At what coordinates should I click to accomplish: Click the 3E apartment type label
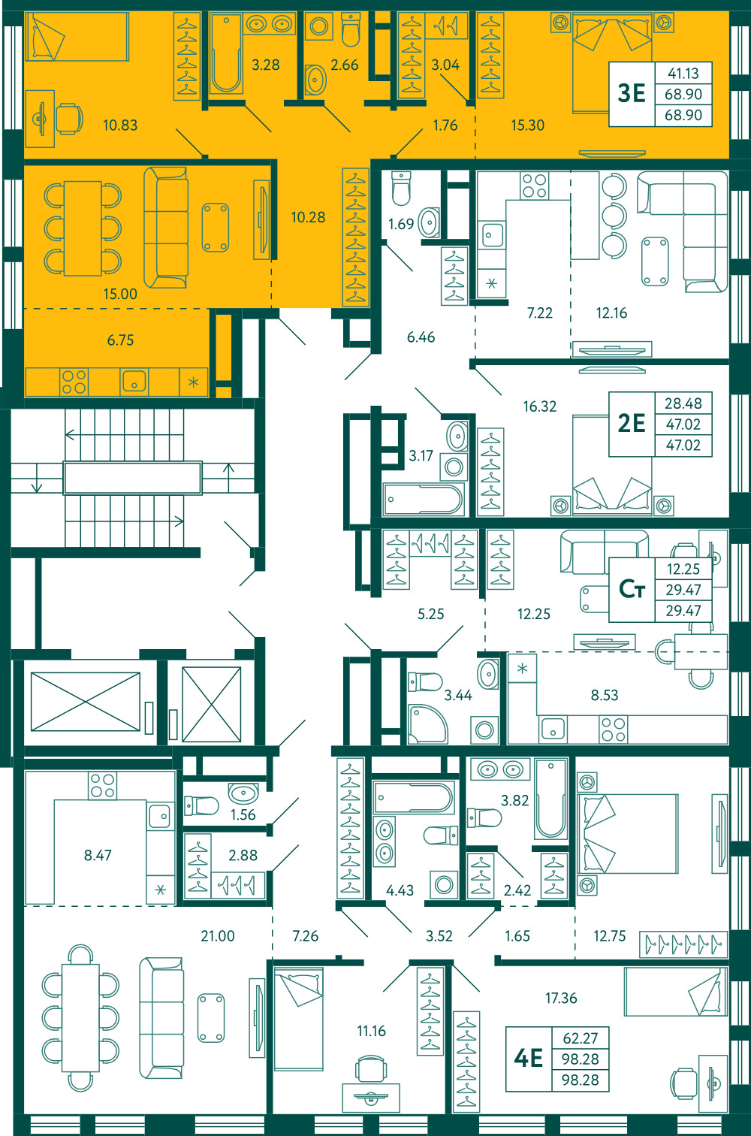click(x=632, y=93)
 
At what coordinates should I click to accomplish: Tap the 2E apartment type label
click(x=632, y=423)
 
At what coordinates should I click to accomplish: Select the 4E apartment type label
click(x=529, y=1058)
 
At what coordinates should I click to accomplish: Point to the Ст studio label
click(x=632, y=589)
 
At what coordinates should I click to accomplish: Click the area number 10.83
click(x=120, y=125)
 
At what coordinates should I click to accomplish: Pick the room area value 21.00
click(x=218, y=935)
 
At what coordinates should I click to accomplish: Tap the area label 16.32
click(x=539, y=406)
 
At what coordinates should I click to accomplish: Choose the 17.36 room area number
click(x=561, y=998)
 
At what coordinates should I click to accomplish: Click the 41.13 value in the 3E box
click(x=683, y=74)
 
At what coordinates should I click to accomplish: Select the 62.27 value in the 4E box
click(x=580, y=1038)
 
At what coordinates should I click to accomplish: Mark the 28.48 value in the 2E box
click(x=683, y=403)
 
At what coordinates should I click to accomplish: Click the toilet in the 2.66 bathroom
click(x=351, y=29)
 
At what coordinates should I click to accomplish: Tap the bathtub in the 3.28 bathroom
click(x=225, y=54)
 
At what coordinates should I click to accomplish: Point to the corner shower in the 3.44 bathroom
click(x=427, y=724)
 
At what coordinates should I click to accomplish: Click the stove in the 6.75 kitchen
click(x=74, y=382)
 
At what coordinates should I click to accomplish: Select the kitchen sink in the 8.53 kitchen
click(x=553, y=730)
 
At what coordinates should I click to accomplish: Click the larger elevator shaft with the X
click(x=85, y=702)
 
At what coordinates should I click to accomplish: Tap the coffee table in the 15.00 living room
click(x=216, y=227)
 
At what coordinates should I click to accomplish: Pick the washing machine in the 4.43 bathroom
click(x=444, y=885)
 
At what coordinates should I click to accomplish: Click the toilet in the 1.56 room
click(x=201, y=805)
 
